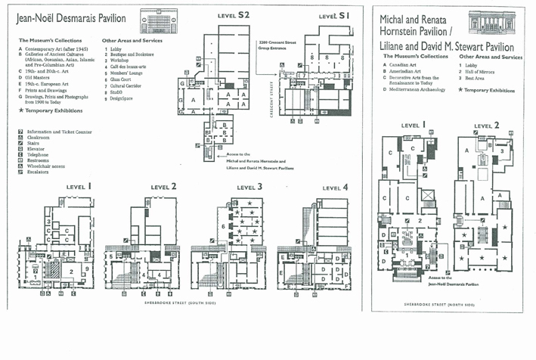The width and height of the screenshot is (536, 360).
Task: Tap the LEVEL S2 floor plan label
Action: (233, 14)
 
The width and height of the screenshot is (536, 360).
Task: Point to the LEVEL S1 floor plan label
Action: (333, 15)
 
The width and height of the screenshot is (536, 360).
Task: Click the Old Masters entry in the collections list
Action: (39, 77)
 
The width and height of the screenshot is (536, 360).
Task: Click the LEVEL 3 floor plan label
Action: (249, 187)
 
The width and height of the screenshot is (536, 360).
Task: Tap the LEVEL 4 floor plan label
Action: (336, 188)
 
